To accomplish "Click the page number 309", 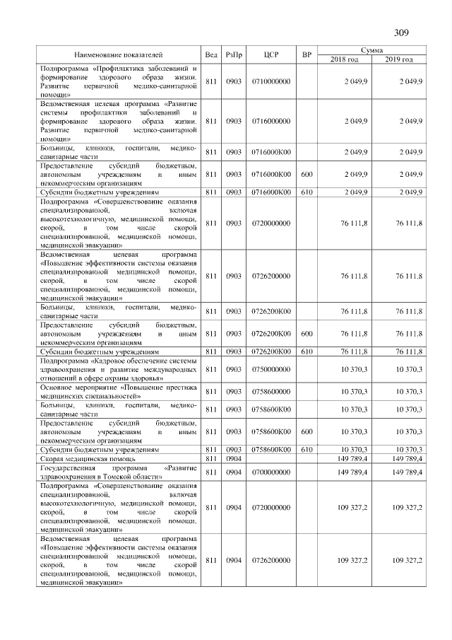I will pyautogui.click(x=401, y=33).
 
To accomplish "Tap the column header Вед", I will pyautogui.click(x=211, y=54).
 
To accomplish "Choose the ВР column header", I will pyautogui.click(x=306, y=54).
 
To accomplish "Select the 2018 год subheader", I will pyautogui.click(x=345, y=59).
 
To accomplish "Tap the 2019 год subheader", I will pyautogui.click(x=399, y=59).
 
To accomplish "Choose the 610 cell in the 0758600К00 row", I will pyautogui.click(x=306, y=449).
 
